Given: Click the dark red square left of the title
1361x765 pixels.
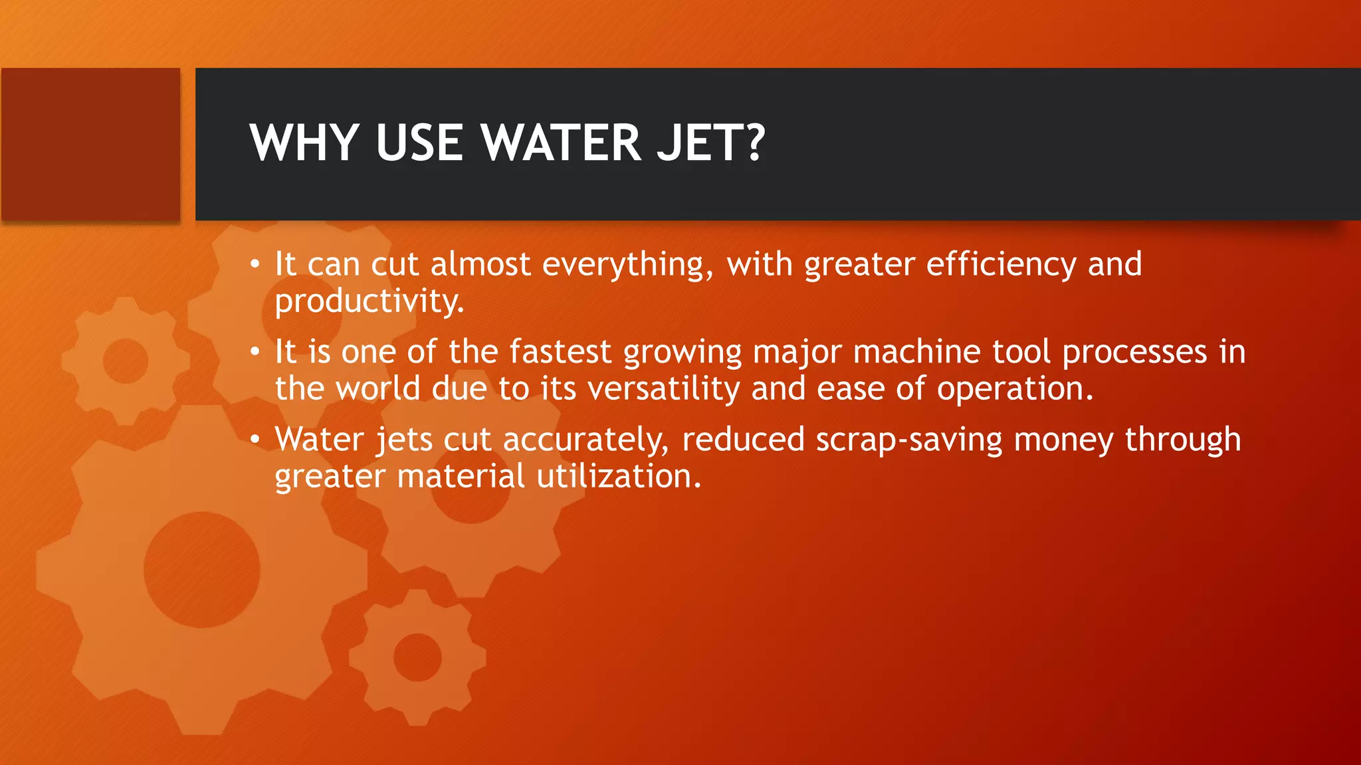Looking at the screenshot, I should tap(90, 144).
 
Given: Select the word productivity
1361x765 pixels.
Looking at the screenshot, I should tap(369, 301).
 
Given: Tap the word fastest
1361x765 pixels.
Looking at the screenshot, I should tap(560, 352).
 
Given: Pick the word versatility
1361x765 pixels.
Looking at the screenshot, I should tap(663, 389).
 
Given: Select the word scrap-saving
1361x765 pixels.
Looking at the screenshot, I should tap(909, 440).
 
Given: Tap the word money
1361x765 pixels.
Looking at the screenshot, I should tap(1063, 440).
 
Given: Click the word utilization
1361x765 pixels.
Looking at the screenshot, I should tap(618, 477).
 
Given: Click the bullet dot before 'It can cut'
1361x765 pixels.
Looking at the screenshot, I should tap(255, 265).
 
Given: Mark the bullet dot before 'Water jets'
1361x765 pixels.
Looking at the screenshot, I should tap(255, 440).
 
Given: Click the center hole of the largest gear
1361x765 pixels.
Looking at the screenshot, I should tap(201, 570).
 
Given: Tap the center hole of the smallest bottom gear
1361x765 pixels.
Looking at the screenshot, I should tap(417, 657).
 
